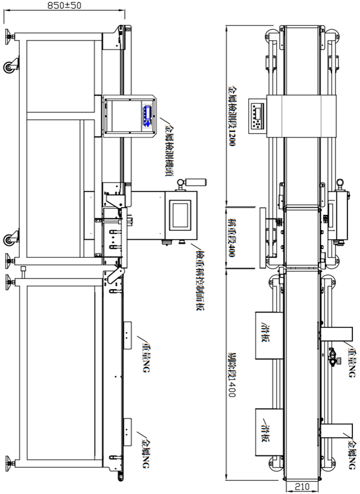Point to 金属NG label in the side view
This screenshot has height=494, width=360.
click(x=145, y=451)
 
